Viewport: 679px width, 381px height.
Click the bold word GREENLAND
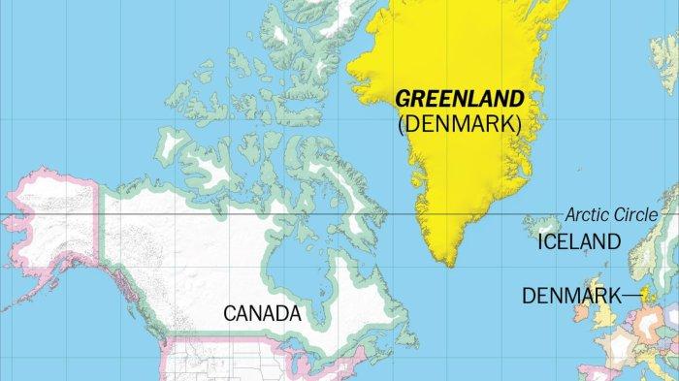pos(460,99)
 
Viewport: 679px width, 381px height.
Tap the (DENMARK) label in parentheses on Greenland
pos(460,124)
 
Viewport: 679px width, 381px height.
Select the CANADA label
pos(262,314)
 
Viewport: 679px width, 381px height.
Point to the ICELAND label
pos(578,242)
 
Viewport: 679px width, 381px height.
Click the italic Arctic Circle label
pos(611,215)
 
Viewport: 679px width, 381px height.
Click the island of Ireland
pos(584,315)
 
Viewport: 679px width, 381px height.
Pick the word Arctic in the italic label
pos(588,215)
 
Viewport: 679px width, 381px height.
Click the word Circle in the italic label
pos(634,215)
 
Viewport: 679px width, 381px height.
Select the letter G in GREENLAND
pos(402,99)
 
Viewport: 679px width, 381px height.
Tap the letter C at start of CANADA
pos(230,314)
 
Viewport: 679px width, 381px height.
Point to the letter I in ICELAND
pos(541,242)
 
